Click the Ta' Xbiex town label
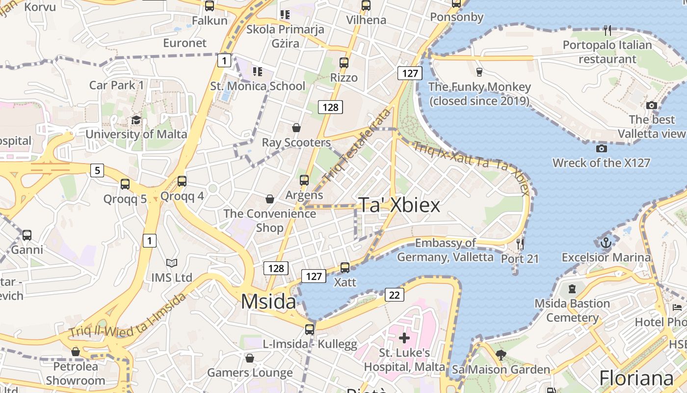(399, 205)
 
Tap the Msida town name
(268, 301)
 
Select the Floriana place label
(636, 379)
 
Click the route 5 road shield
(97, 170)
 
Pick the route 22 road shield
(395, 295)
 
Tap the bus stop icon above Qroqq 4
(182, 181)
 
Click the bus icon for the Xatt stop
(345, 268)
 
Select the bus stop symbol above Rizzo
(344, 63)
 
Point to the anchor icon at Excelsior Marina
(606, 242)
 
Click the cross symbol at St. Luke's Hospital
(404, 338)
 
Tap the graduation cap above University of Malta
(136, 120)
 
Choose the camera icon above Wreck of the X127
(601, 148)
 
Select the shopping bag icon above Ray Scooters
(296, 128)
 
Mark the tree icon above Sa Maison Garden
(501, 355)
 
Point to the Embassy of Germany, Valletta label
(445, 250)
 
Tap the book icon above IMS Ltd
(171, 263)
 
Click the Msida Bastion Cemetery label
(572, 310)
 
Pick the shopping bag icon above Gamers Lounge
(250, 358)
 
